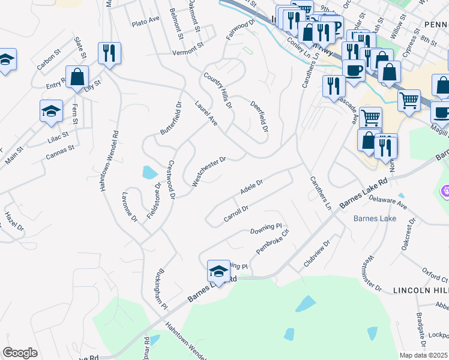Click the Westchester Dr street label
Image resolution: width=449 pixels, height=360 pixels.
[x=208, y=172]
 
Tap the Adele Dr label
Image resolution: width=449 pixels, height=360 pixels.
[x=252, y=188]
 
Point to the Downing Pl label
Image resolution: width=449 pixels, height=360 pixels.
[x=266, y=229]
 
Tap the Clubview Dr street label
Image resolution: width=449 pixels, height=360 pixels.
[x=317, y=254]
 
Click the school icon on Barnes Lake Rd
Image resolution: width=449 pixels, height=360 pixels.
[x=218, y=271]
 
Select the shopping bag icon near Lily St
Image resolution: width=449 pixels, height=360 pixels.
[x=77, y=77]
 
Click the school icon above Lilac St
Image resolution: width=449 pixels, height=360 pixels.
[x=51, y=110]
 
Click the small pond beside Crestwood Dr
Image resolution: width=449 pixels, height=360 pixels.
[x=149, y=173]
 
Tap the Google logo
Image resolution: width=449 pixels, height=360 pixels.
[x=20, y=353]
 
